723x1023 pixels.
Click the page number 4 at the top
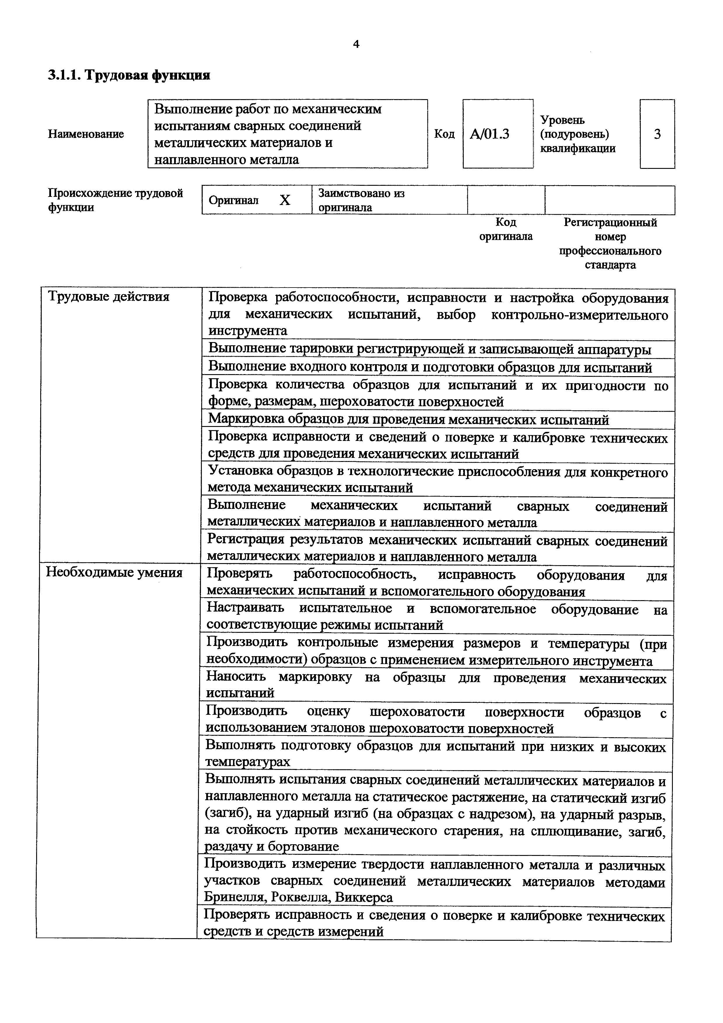click(x=356, y=44)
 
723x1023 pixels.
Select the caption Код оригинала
click(x=506, y=229)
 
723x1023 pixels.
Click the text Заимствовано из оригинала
click(x=361, y=200)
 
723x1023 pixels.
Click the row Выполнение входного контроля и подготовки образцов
click(x=430, y=367)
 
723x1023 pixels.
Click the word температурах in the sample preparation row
click(x=248, y=761)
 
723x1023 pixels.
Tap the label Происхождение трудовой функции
click(x=115, y=200)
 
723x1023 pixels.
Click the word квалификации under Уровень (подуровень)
click(x=578, y=148)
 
